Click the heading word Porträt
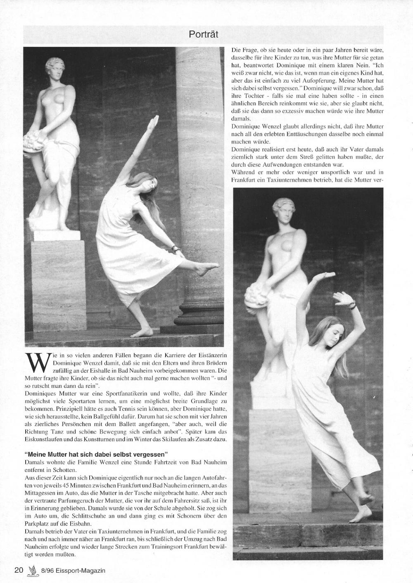(203, 34)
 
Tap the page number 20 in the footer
(19, 570)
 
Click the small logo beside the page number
(31, 570)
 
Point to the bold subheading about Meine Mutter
(96, 454)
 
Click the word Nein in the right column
(358, 65)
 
